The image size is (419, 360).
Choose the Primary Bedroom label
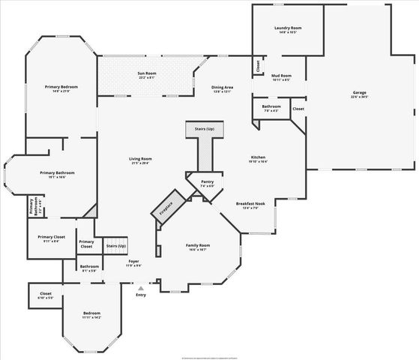pyautogui.click(x=61, y=88)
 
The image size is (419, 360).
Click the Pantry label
pyautogui.click(x=208, y=183)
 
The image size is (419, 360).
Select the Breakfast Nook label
pyautogui.click(x=251, y=205)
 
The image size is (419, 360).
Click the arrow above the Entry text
pyautogui.click(x=140, y=286)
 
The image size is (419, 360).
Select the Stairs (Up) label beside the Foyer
pyautogui.click(x=116, y=246)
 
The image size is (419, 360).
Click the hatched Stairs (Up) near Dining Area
pyautogui.click(x=205, y=130)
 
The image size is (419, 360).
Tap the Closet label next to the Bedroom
pyautogui.click(x=46, y=295)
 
